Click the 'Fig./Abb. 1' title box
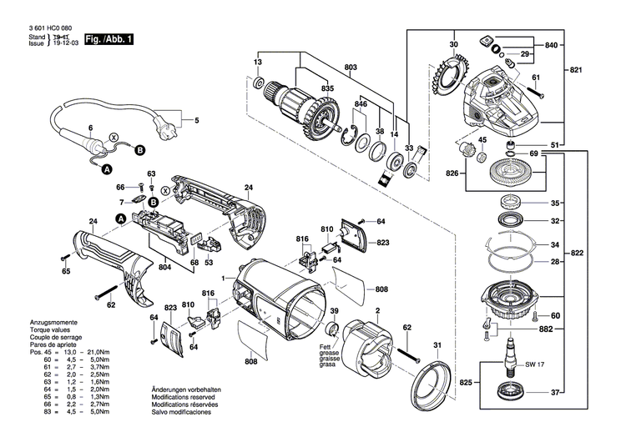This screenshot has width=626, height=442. (109, 40)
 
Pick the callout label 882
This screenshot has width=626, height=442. (547, 330)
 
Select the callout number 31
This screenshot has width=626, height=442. (436, 344)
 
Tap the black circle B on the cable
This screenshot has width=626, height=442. (139, 150)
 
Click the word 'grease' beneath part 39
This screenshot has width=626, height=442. (327, 352)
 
